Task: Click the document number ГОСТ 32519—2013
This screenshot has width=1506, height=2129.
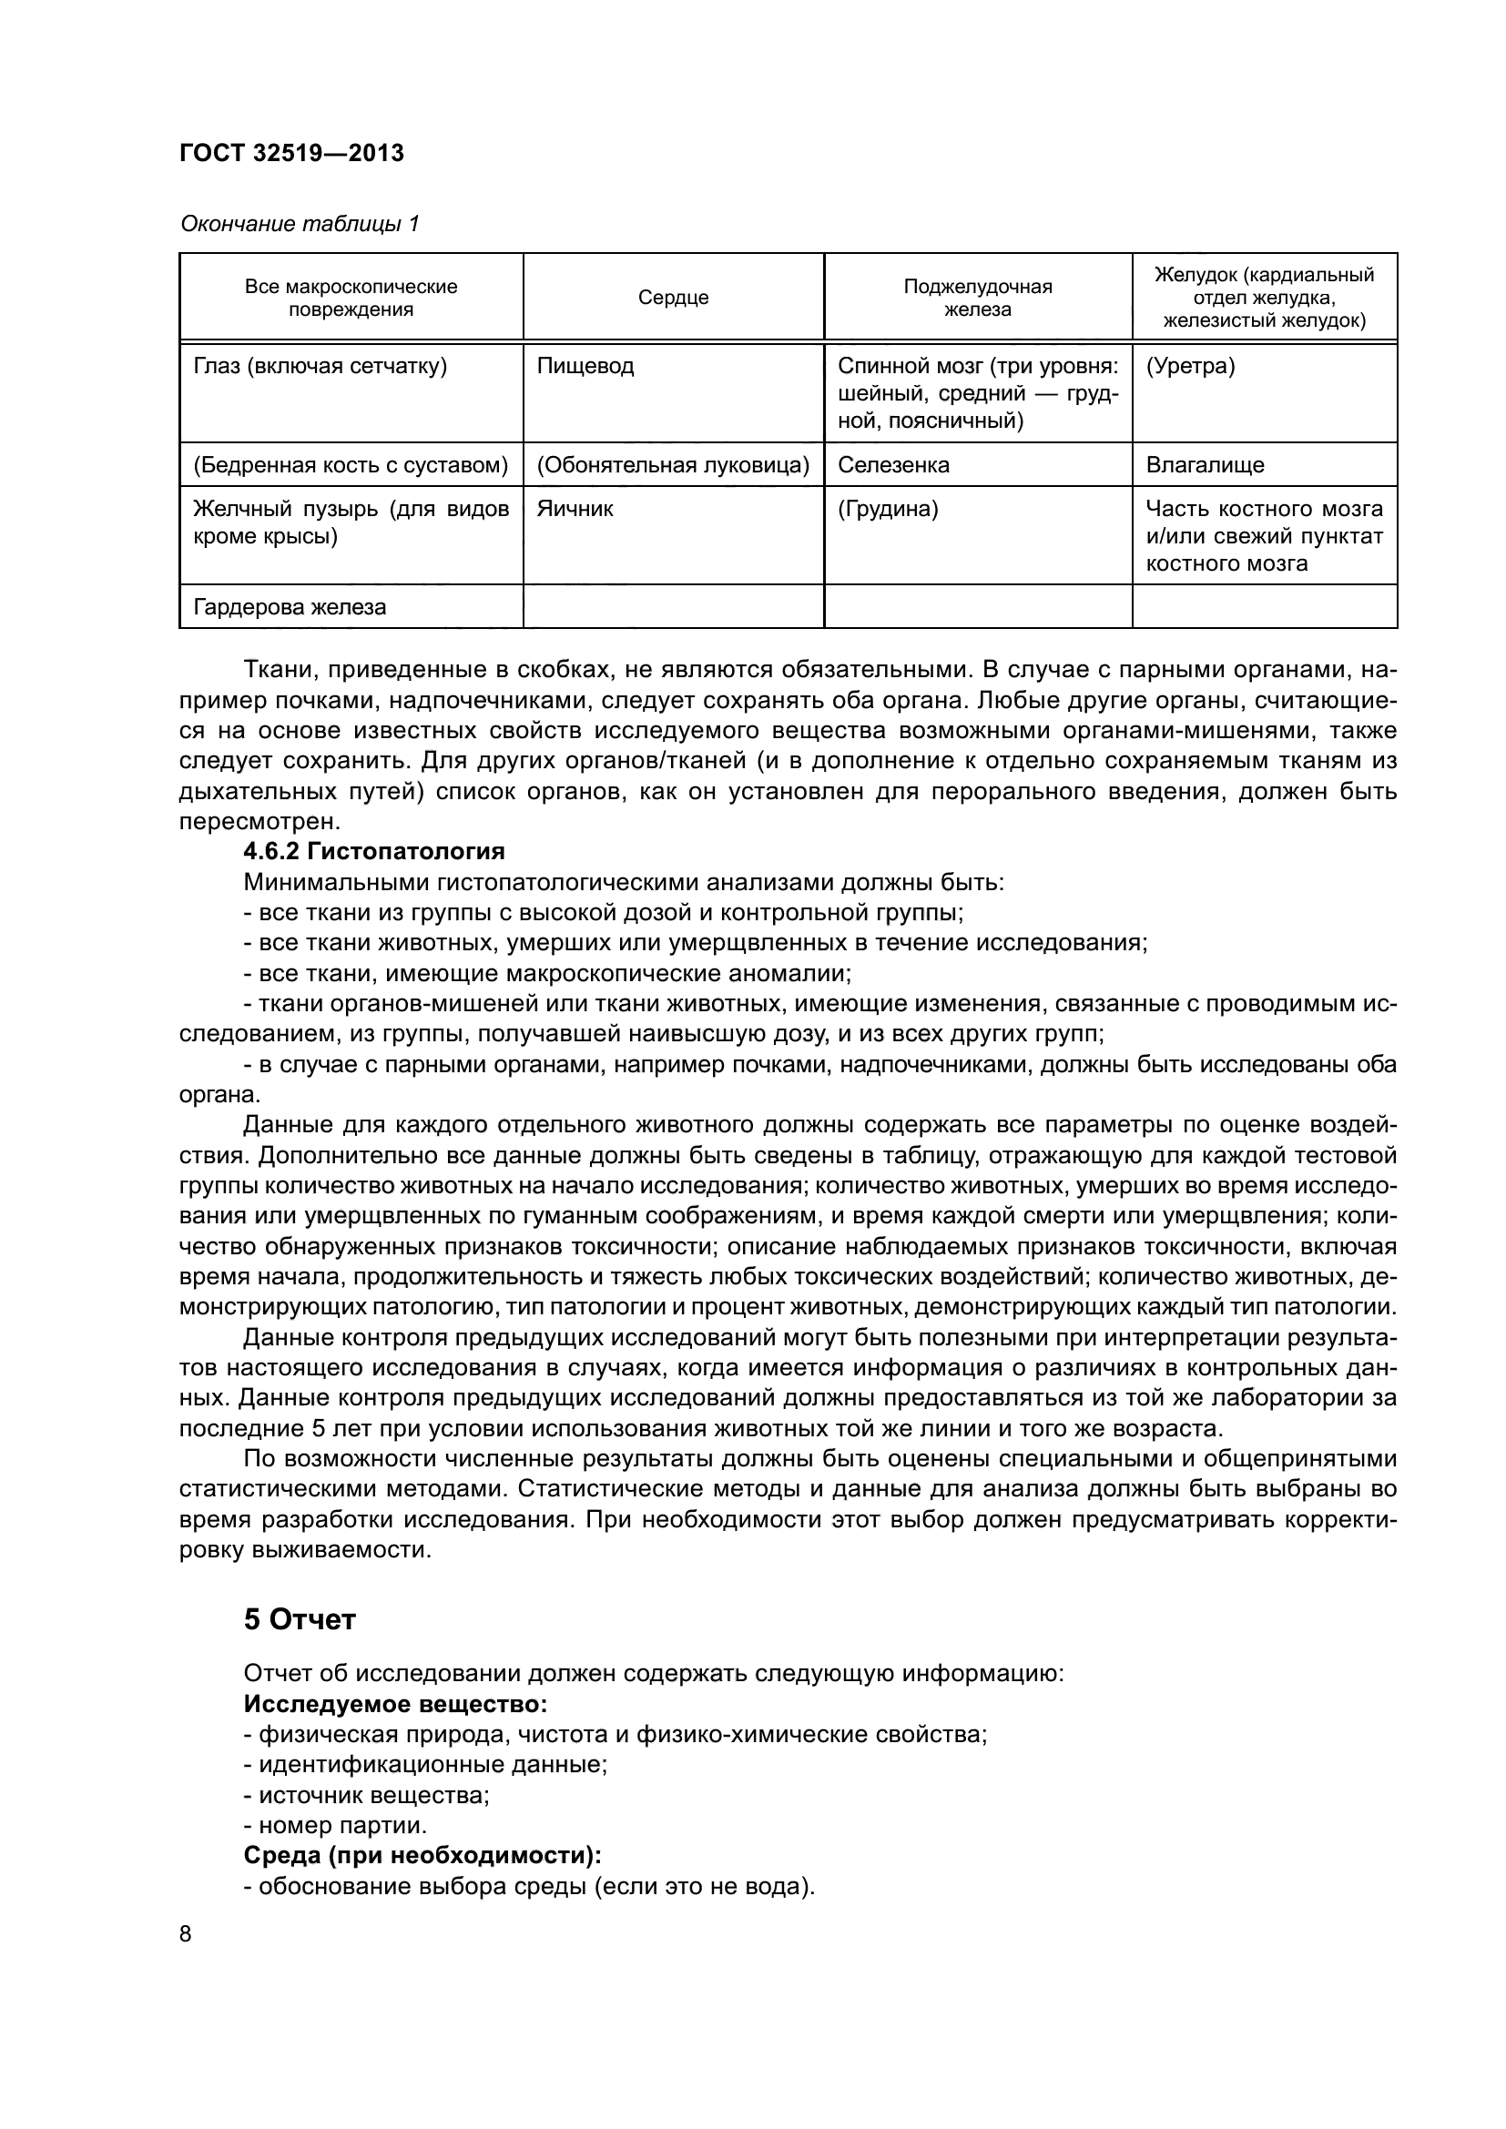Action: tap(291, 154)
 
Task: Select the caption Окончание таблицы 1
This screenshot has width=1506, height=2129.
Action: tap(299, 224)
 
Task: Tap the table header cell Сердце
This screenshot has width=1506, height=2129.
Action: tap(673, 298)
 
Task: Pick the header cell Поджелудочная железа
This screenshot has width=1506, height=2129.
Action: tap(977, 298)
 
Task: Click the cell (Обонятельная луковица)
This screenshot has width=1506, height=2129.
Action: tap(673, 464)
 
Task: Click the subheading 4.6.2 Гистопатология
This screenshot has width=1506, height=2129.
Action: tap(373, 851)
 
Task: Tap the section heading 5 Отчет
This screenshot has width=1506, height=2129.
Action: tap(300, 1620)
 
